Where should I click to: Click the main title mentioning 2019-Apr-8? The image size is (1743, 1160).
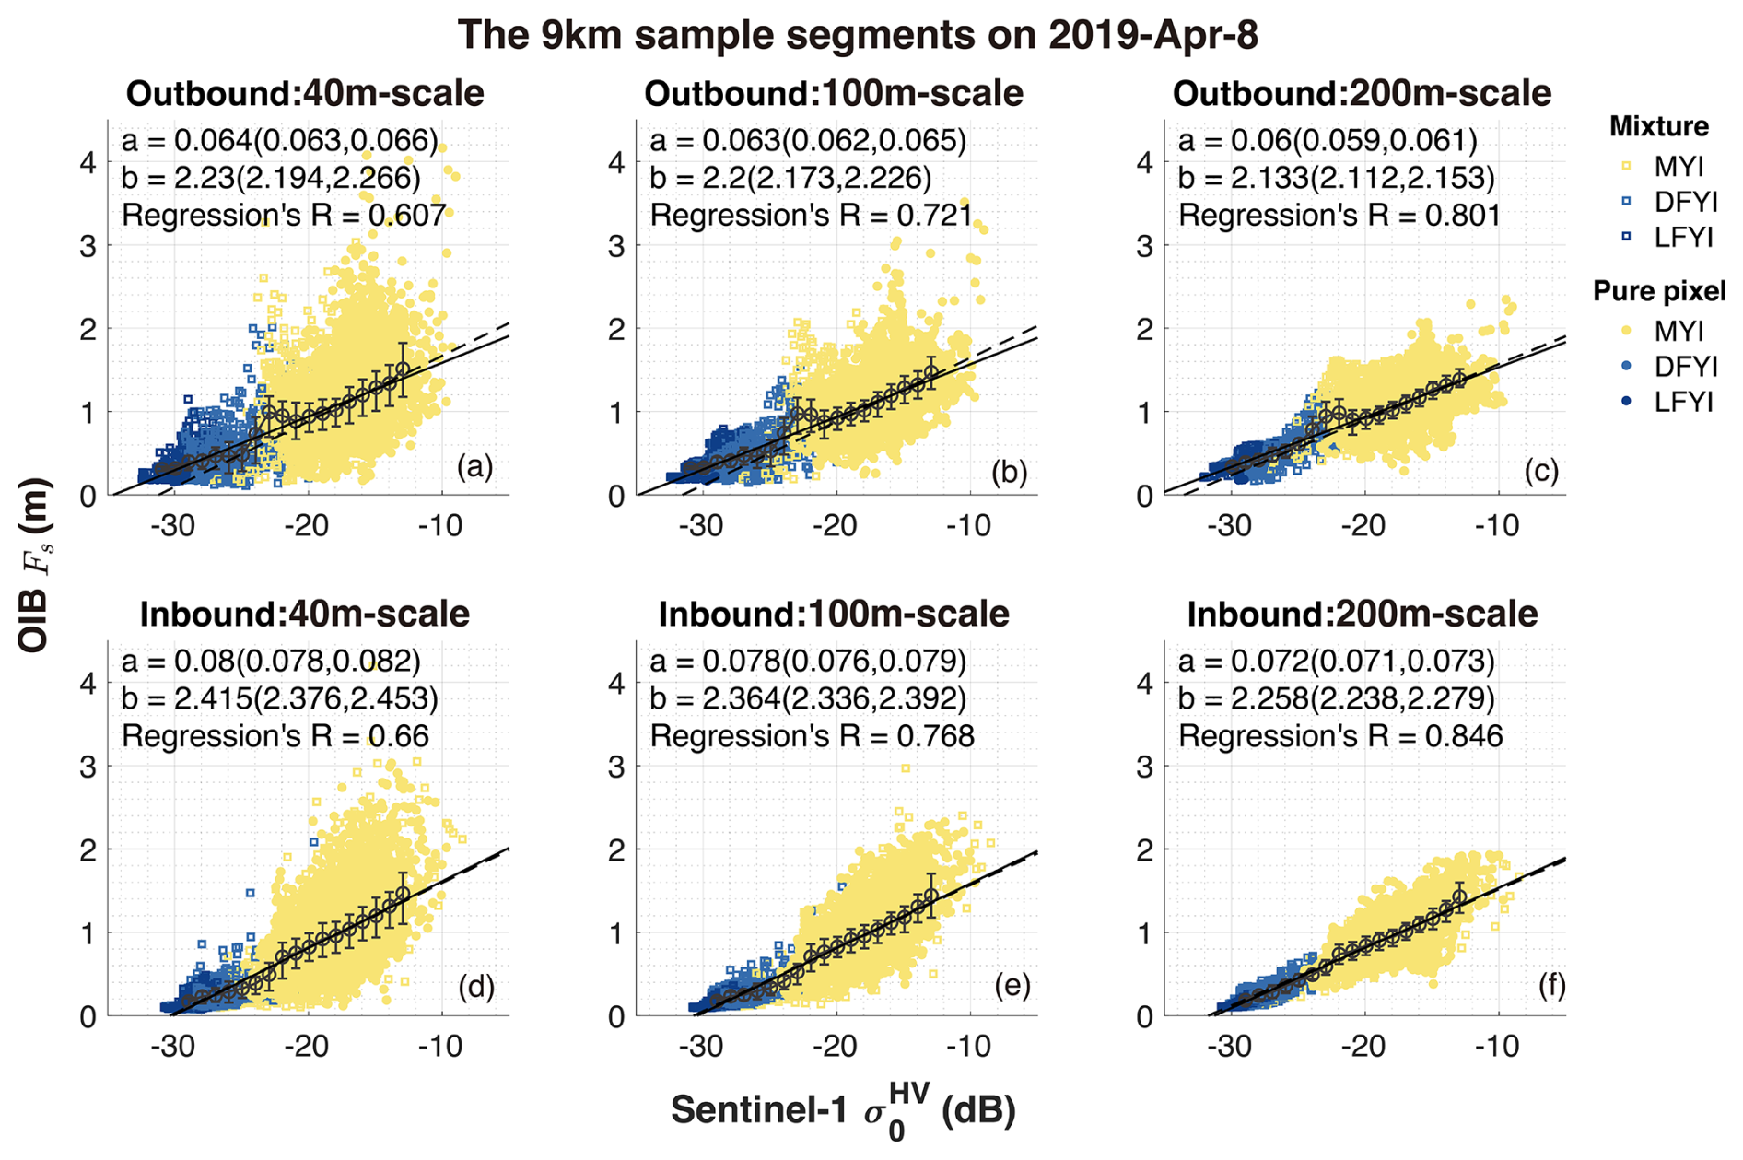click(857, 35)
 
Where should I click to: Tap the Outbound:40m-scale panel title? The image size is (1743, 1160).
click(305, 94)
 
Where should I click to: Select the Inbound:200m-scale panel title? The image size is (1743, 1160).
click(1362, 614)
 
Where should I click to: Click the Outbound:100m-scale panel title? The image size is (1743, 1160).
click(833, 94)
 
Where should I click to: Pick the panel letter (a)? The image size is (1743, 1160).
click(474, 467)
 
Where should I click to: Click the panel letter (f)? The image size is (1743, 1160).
click(1551, 986)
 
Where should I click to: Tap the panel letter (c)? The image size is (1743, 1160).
click(1540, 471)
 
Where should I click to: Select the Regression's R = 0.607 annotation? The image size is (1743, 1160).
click(284, 216)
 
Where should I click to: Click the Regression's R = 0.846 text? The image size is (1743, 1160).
click(1340, 736)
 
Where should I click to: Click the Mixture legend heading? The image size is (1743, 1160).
click(1658, 126)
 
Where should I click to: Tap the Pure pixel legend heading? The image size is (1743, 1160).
click(1659, 291)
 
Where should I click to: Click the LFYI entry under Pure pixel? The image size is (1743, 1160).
click(1683, 402)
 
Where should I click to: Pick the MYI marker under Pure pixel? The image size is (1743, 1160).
click(1627, 331)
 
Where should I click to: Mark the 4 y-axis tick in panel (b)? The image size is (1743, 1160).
click(616, 162)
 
